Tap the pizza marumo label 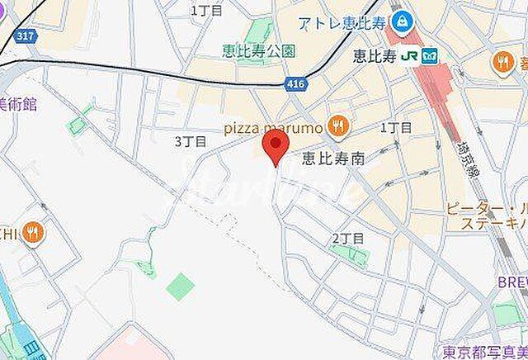pos(271,127)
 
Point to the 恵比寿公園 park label pos(259,51)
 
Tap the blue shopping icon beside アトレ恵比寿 pos(402,21)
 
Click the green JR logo pos(408,56)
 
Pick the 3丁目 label pos(188,141)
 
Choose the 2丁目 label pos(347,238)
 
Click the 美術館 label pos(17,102)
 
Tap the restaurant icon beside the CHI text pos(34,232)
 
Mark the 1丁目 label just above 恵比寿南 pos(396,127)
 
